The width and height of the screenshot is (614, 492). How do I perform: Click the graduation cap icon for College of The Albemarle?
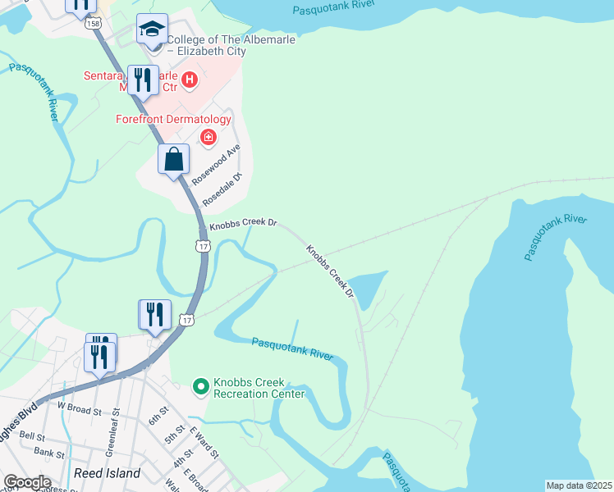click(152, 30)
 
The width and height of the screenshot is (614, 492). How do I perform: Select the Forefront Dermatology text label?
click(173, 119)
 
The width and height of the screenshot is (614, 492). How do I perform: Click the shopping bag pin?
click(174, 159)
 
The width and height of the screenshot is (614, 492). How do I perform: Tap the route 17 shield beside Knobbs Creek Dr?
click(203, 244)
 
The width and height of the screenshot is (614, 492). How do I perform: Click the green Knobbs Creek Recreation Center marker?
click(200, 385)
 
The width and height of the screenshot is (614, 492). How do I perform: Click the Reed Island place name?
click(107, 473)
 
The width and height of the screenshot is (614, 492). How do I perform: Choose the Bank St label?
click(49, 452)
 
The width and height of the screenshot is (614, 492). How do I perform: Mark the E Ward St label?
click(204, 442)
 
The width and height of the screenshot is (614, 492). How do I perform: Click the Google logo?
click(26, 482)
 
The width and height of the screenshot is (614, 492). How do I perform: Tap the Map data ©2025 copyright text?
click(578, 485)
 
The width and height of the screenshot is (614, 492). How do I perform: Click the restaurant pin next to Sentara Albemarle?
click(144, 81)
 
